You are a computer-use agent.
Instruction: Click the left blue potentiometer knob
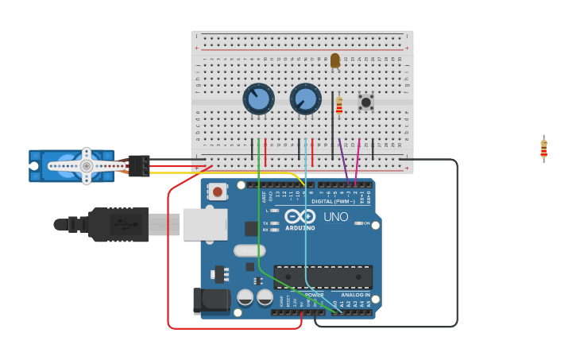click(258, 99)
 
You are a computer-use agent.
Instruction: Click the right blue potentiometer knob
click(305, 99)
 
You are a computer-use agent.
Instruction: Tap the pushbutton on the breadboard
click(365, 102)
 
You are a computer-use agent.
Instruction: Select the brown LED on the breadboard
click(334, 60)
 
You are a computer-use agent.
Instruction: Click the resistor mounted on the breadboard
click(339, 106)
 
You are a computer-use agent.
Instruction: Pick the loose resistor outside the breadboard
click(543, 149)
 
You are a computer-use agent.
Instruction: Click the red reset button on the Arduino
click(218, 191)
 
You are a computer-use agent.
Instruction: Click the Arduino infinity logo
click(300, 216)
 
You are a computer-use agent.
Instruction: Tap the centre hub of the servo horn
click(86, 165)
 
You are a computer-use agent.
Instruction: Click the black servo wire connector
click(138, 165)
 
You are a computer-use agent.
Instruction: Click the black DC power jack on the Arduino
click(210, 300)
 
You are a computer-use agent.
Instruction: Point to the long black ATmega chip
click(323, 277)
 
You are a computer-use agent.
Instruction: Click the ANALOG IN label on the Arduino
click(355, 295)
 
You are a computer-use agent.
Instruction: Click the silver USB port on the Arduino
click(205, 224)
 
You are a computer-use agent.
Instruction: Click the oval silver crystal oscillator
click(249, 250)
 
